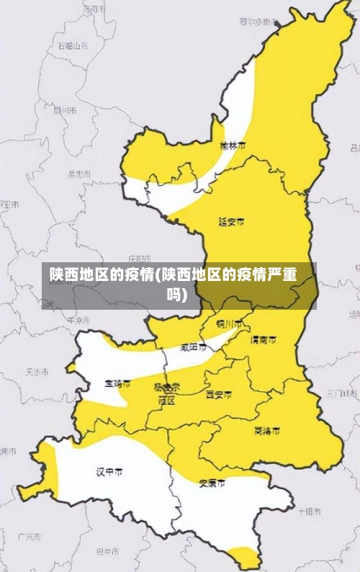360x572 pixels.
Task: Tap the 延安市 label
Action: pos(231,221)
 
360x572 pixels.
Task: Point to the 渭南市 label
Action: pos(263,339)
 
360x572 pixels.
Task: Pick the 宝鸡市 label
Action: pos(118,384)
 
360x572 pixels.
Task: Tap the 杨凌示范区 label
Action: pos(167,393)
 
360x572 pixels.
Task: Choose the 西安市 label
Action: pos(219,395)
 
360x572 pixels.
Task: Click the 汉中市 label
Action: pos(109,472)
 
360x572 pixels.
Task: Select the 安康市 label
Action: pos(212,482)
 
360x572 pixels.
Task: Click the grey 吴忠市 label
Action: pos(79,174)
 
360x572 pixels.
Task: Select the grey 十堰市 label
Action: pos(309,510)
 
